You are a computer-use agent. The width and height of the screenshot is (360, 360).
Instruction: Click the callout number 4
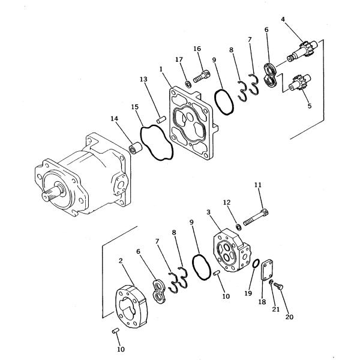[x=283, y=19]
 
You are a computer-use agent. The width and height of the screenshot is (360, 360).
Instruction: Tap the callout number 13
[x=143, y=79]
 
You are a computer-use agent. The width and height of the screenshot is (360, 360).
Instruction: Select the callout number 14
[x=115, y=118]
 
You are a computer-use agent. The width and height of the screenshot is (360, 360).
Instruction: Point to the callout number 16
[x=197, y=49]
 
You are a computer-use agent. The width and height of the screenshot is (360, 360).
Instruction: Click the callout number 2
[x=121, y=261]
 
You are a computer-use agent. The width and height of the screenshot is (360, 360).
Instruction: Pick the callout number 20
[x=289, y=317]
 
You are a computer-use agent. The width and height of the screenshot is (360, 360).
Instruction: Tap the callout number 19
[x=248, y=293]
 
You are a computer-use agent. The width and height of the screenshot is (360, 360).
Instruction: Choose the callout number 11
[x=258, y=185]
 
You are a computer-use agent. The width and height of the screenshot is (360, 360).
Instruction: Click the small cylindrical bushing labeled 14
[x=135, y=147]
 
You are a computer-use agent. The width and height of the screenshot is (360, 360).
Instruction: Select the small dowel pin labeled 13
[x=161, y=119]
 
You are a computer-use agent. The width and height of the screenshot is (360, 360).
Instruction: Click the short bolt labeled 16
[x=202, y=76]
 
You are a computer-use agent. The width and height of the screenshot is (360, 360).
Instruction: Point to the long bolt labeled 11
[x=256, y=217]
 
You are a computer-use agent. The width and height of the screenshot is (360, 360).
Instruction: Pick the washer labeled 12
[x=239, y=227]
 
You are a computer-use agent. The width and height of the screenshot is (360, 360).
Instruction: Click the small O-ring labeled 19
[x=256, y=263]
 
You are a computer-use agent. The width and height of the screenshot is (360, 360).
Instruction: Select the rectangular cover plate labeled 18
[x=267, y=270]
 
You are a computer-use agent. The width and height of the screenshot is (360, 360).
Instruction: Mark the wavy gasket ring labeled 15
[x=156, y=142]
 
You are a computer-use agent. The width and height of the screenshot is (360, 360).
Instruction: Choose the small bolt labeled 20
[x=278, y=286]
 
